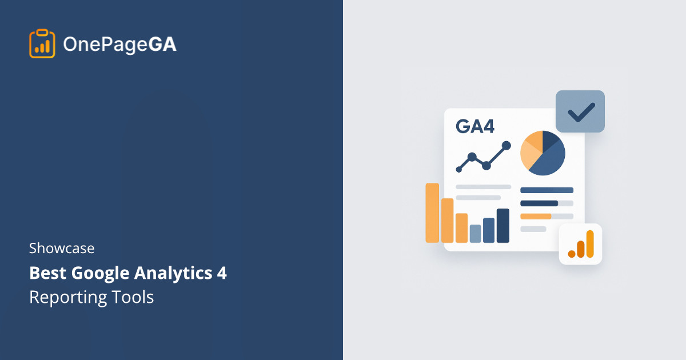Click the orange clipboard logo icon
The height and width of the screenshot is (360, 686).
point(42,43)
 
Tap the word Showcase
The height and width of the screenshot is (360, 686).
point(62,249)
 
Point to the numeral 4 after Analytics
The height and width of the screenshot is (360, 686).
point(221,274)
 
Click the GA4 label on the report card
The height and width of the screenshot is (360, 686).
point(475,126)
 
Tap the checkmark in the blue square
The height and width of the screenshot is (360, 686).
point(580,111)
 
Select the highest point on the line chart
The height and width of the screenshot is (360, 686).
point(506,145)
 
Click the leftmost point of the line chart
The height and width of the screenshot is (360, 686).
point(459,169)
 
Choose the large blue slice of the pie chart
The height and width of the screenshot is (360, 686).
point(547,159)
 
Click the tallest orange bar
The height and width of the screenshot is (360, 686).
point(432,213)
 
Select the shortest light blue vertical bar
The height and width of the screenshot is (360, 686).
point(475,233)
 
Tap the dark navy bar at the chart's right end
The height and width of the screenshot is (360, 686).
point(502,225)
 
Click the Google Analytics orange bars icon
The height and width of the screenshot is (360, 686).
point(581,244)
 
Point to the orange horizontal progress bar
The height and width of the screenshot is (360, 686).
point(536,217)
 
